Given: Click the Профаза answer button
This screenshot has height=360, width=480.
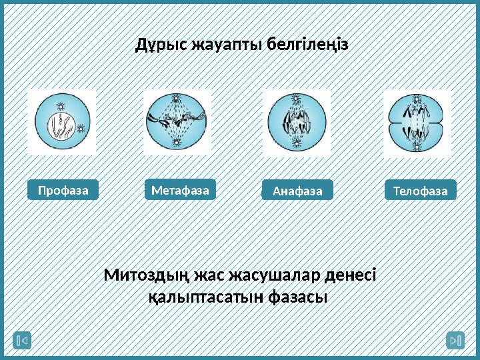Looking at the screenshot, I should pos(63,190).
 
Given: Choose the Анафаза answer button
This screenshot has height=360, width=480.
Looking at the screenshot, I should pos(297,191).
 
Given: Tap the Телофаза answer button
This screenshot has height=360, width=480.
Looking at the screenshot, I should pos(420,191).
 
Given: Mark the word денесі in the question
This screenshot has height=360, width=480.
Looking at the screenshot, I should pos(349,275).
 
